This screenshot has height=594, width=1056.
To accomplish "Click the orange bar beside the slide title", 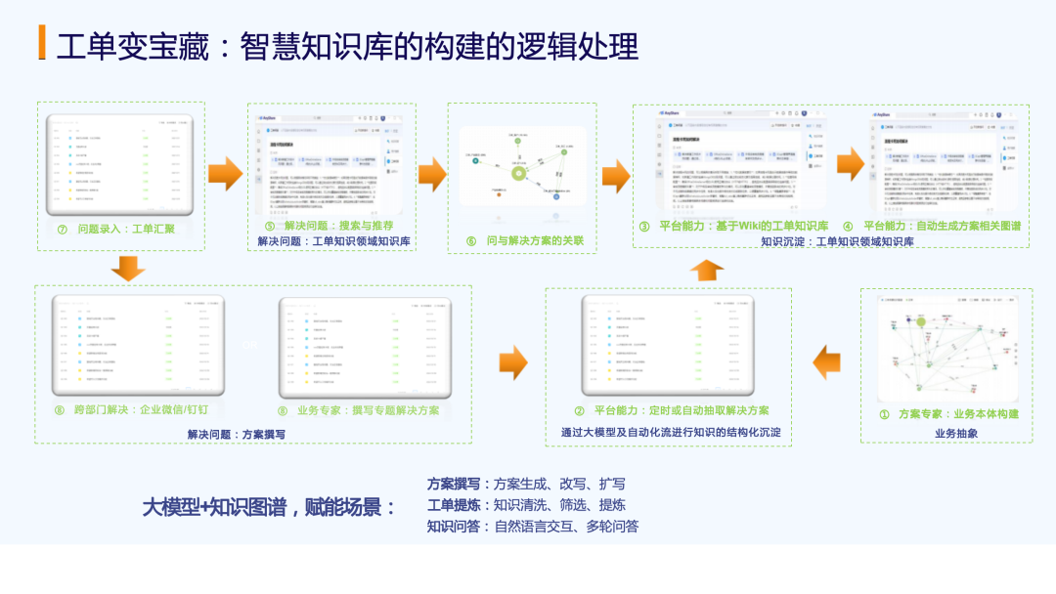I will tap(41, 45).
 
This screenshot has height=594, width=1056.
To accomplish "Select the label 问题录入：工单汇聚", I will tap(126, 230).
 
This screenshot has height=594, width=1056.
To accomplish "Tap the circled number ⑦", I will tap(63, 230).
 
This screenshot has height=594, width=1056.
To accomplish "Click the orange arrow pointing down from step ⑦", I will tap(128, 267).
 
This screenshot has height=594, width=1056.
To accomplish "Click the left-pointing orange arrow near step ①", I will tap(827, 361).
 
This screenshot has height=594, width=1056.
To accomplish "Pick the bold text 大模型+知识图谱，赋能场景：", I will tap(270, 508).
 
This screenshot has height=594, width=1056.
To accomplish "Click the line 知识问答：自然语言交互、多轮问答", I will tap(533, 527).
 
